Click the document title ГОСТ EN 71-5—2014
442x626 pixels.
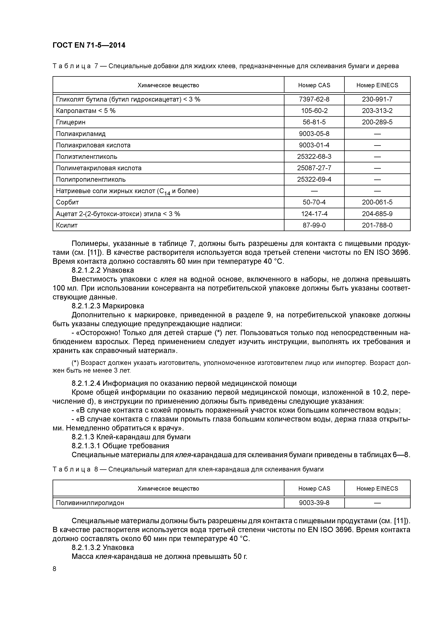click(89, 45)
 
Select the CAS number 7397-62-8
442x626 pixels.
click(314, 99)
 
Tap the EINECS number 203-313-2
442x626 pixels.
click(377, 111)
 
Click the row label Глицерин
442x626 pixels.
click(71, 122)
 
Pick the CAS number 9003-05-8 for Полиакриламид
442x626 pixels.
click(314, 134)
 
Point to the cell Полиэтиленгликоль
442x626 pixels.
click(87, 156)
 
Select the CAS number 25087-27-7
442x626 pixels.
click(314, 168)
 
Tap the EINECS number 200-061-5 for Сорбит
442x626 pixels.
click(377, 202)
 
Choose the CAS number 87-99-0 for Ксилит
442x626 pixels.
click(314, 225)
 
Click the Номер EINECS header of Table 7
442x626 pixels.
click(377, 85)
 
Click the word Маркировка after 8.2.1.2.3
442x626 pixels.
click(123, 306)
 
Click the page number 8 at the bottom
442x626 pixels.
click(55, 569)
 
